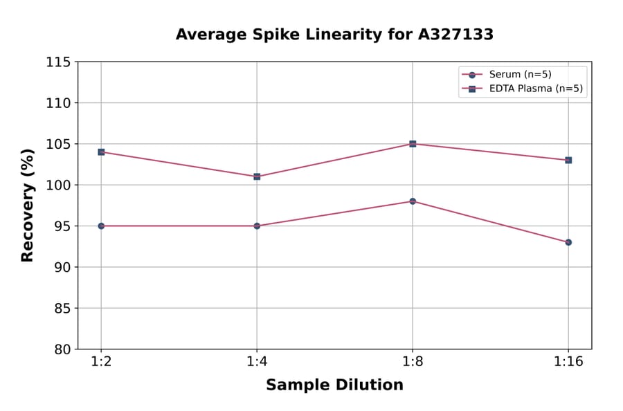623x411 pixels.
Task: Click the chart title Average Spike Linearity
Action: (334, 35)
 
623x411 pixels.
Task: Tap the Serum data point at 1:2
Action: (101, 226)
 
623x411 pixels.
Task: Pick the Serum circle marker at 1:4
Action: (257, 226)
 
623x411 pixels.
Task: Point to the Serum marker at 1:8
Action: (413, 201)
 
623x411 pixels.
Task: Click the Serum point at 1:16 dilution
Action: (568, 242)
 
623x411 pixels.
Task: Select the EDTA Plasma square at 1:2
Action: (101, 152)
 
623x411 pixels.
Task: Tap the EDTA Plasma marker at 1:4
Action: (257, 176)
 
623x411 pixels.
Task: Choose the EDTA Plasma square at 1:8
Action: (413, 144)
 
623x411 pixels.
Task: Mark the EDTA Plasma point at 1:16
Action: (568, 160)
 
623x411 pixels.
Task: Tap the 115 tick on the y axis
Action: (58, 62)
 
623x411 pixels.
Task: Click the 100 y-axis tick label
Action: (58, 185)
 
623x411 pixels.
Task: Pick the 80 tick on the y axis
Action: (62, 349)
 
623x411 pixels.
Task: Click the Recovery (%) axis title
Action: (28, 205)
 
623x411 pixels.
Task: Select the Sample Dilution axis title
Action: (334, 385)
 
